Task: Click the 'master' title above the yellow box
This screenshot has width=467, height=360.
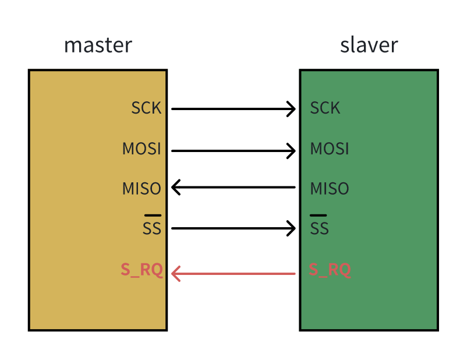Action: (x=98, y=45)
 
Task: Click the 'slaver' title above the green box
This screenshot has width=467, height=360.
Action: (x=369, y=45)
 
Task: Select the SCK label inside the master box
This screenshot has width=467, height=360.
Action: (x=146, y=108)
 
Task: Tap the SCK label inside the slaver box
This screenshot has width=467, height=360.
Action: (x=325, y=108)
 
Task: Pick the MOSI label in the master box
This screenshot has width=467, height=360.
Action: (x=141, y=149)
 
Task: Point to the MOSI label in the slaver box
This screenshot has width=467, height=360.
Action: (x=330, y=149)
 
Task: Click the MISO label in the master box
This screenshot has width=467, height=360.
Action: (x=141, y=189)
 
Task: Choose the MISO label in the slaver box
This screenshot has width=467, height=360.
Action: (x=330, y=189)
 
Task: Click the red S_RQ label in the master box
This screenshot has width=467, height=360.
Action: (x=141, y=270)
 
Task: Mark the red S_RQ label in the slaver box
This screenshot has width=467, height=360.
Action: (x=330, y=270)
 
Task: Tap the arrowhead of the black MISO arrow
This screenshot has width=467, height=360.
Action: (x=175, y=188)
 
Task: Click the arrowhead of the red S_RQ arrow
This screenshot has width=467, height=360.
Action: (x=175, y=273)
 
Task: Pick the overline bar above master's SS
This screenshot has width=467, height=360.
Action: (x=153, y=216)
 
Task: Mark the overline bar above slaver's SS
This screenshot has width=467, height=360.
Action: (x=319, y=216)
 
